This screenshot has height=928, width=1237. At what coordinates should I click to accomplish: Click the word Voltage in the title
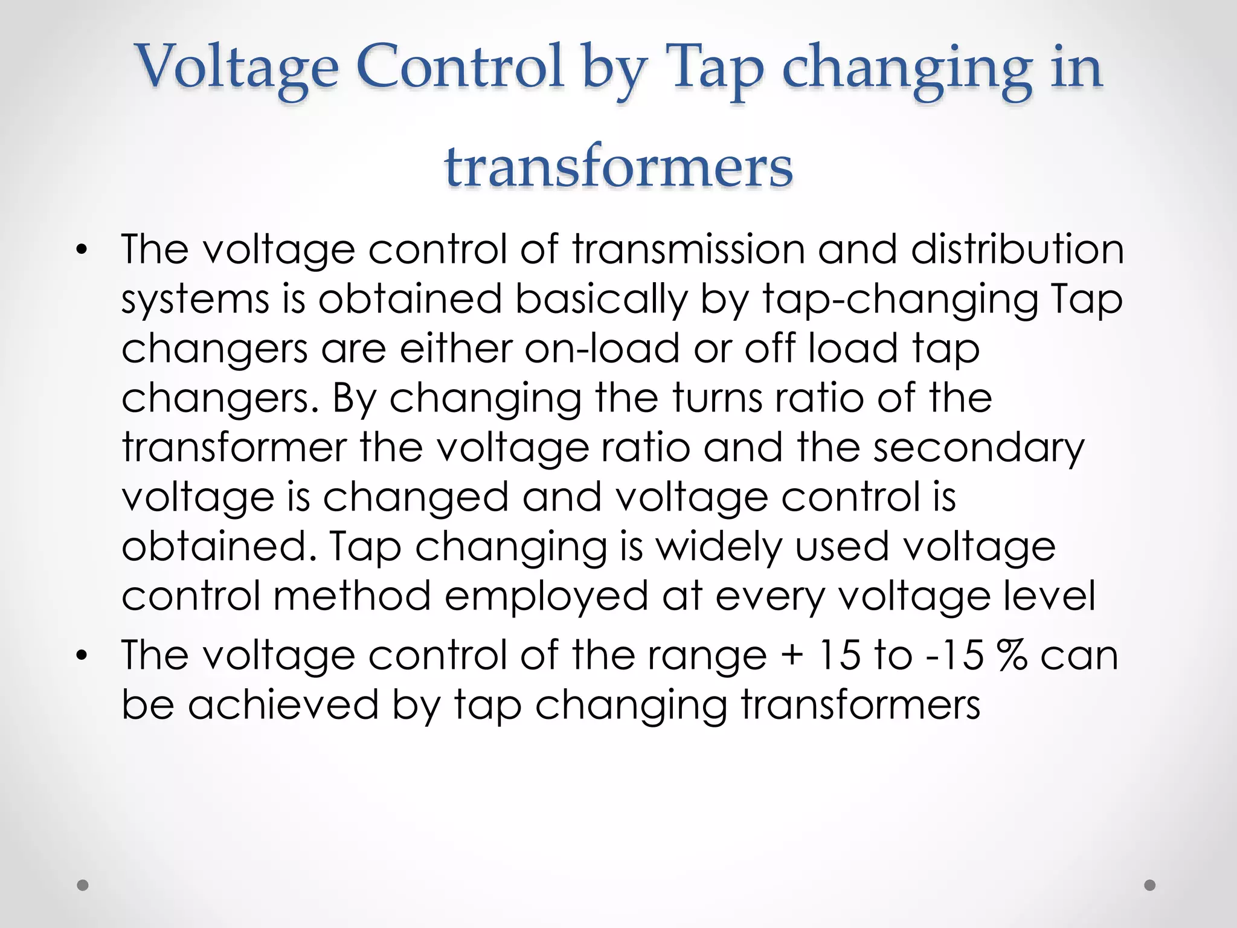[237, 68]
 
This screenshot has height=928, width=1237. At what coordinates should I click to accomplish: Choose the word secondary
[979, 448]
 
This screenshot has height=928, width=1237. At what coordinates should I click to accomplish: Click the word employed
[546, 597]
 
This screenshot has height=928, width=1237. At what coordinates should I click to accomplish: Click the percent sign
[1012, 655]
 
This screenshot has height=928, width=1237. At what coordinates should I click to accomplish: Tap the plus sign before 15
[792, 656]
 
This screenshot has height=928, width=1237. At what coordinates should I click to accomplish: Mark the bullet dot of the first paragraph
[82, 250]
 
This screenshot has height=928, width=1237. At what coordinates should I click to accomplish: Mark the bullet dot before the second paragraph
[82, 656]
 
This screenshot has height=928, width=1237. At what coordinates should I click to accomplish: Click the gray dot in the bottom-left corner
[83, 885]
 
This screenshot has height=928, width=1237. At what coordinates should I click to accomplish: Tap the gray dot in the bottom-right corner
[1150, 885]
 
